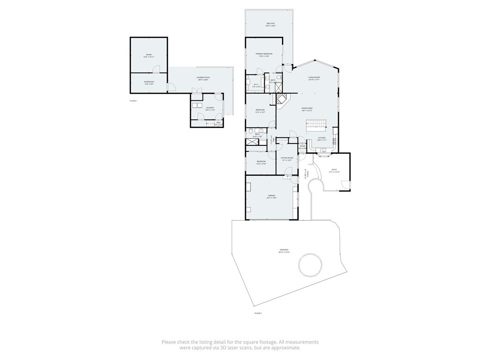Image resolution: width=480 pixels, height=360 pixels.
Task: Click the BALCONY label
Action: [x=270, y=23]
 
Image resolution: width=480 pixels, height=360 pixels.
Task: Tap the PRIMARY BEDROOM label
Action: [x=264, y=54]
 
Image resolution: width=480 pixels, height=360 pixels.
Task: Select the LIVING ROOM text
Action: [x=314, y=78]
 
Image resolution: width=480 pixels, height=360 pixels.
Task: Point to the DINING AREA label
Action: [x=307, y=108]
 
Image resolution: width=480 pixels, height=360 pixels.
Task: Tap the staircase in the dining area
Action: [x=316, y=125]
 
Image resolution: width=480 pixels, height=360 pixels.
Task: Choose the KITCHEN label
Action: [x=321, y=138]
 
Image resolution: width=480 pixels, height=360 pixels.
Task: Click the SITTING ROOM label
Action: [x=287, y=158]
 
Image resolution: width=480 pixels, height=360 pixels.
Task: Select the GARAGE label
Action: [x=271, y=195]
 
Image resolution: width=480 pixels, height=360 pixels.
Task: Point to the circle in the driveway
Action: [x=310, y=265]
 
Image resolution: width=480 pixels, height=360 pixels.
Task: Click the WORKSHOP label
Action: [x=149, y=82]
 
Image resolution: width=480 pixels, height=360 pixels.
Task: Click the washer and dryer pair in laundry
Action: [x=196, y=105]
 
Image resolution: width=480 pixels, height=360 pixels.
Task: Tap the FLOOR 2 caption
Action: [x=258, y=313]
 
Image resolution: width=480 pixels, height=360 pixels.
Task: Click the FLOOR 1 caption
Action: [x=134, y=101]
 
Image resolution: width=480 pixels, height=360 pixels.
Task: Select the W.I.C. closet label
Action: [x=256, y=85]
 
